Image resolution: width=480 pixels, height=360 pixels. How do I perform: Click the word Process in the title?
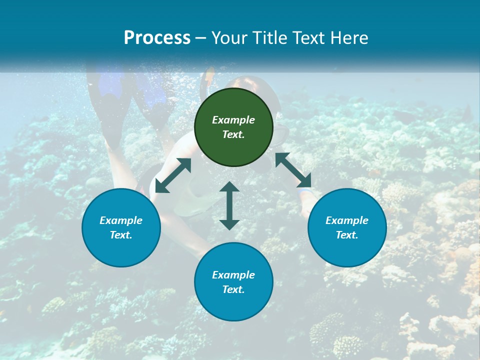(x=157, y=38)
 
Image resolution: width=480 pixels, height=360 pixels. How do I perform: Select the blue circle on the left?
(x=121, y=245)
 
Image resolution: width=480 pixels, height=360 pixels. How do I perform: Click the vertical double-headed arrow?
(x=229, y=205)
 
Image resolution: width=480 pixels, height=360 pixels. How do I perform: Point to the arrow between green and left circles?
(x=173, y=175)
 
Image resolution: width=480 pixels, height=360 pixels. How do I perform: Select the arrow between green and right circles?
(x=293, y=170)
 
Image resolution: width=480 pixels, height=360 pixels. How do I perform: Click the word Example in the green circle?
(x=233, y=120)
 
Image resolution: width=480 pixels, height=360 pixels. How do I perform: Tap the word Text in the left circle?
(x=121, y=235)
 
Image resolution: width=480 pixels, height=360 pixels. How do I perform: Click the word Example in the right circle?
(x=347, y=220)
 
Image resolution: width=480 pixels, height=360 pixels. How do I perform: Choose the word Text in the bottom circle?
(x=233, y=289)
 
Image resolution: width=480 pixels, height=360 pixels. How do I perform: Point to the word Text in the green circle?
(x=233, y=134)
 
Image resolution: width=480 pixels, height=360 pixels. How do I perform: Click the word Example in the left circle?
(x=121, y=220)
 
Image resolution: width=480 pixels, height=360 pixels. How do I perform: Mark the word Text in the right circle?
(x=347, y=235)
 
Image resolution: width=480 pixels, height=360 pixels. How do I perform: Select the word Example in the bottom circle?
(x=233, y=275)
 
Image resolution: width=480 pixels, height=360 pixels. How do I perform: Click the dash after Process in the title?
(x=200, y=38)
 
